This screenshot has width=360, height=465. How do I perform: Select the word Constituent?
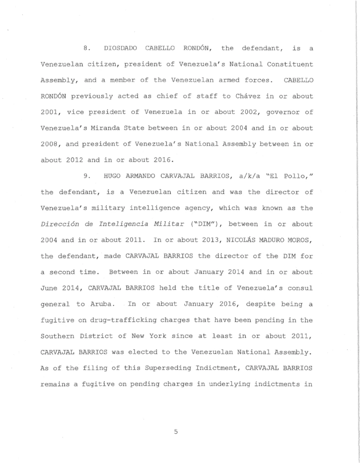click(x=292, y=65)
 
